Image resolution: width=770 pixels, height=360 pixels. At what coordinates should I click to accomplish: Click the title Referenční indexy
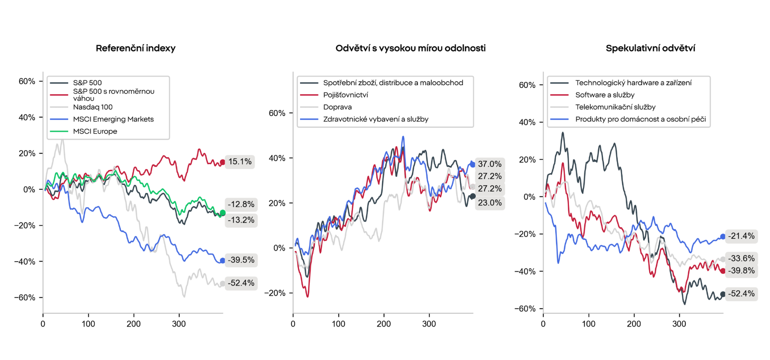coord(135,48)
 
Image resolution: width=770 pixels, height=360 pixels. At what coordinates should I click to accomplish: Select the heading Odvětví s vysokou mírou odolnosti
coord(410,48)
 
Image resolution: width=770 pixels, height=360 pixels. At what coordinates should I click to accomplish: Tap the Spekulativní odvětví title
coord(650,48)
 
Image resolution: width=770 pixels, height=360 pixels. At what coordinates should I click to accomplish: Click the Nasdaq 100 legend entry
coord(93,107)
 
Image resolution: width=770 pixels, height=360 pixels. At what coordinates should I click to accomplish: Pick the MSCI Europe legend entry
coord(95,132)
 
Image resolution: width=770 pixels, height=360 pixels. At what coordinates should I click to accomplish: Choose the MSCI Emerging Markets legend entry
coord(113,119)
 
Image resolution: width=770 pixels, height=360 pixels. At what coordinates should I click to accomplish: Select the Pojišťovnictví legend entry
coord(345,95)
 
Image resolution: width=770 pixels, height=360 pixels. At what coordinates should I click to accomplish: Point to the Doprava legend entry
coord(337,107)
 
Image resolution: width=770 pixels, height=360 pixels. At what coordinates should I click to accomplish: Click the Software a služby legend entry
coord(605,95)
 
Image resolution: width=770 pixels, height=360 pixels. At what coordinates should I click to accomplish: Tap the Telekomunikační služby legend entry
coord(615,107)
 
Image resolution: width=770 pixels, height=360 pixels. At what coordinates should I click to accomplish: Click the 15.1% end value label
coord(240,162)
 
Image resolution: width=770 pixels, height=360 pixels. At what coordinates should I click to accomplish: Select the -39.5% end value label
coord(241,260)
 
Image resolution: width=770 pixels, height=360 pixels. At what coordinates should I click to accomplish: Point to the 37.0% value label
coord(490,164)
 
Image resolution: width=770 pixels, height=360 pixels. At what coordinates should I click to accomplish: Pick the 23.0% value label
coord(490,203)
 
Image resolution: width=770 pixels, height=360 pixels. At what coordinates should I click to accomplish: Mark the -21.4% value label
coord(741,236)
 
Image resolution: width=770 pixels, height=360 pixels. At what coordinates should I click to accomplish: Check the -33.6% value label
coord(741,259)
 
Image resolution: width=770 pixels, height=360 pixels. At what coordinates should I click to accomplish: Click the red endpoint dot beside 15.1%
coord(222,162)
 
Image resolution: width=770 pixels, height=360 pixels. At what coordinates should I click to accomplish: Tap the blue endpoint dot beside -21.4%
coord(723,237)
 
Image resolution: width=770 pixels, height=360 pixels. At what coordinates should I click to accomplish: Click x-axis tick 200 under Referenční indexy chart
coord(133,324)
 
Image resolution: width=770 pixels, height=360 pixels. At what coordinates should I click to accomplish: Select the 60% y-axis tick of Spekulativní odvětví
coord(527,85)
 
